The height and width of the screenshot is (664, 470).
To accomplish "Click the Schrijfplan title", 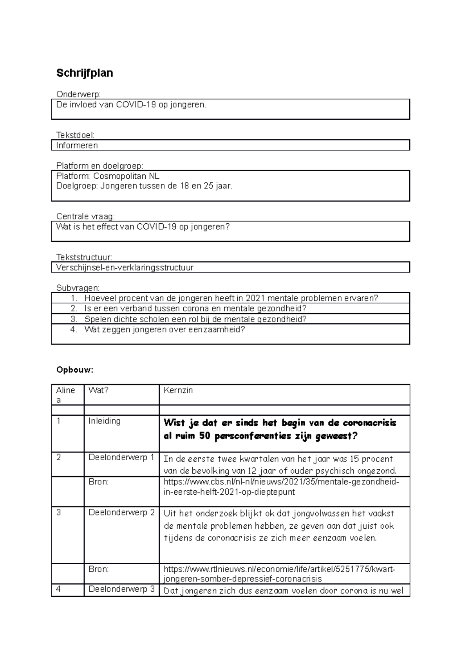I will click(x=85, y=73).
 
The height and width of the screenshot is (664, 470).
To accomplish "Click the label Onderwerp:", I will click(x=78, y=94).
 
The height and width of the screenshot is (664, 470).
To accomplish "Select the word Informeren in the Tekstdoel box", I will click(x=77, y=145).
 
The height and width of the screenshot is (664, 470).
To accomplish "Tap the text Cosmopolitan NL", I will click(x=126, y=176).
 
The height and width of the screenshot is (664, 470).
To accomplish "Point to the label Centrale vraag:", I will click(x=86, y=216).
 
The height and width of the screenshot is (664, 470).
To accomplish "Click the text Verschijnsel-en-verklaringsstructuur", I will click(x=125, y=267).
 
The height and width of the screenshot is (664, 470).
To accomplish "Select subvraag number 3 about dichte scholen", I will click(x=195, y=319).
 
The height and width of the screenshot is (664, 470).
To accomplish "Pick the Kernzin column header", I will click(x=178, y=390).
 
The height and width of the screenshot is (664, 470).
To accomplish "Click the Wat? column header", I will click(x=98, y=390).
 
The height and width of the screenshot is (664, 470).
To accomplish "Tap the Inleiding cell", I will click(x=105, y=421).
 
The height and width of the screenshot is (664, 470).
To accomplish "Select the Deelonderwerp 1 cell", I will click(x=121, y=457).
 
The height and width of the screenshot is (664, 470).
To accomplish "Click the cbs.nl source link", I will click(x=281, y=487).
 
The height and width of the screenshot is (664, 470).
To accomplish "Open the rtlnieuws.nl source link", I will click(x=279, y=574).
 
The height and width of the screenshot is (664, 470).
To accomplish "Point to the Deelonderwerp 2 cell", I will click(x=121, y=512).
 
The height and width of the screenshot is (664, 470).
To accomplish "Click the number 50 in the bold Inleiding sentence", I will click(x=204, y=436).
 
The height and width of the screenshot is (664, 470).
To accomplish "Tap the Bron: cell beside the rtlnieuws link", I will click(x=99, y=569).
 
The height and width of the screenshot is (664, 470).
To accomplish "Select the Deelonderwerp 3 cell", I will click(x=121, y=589).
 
